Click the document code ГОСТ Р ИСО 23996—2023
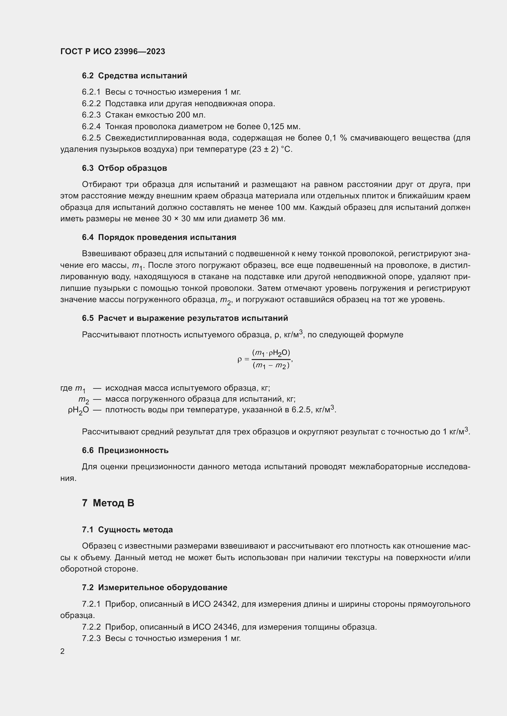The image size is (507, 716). tap(113, 51)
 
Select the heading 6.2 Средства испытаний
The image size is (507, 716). tap(135, 76)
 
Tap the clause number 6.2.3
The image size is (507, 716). tap(91, 115)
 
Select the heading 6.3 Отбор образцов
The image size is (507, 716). tap(124, 168)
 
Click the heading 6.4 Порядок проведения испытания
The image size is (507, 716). tap(159, 237)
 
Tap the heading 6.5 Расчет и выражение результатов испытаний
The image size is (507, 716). tap(185, 318)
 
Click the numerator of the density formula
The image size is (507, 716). tap(271, 353)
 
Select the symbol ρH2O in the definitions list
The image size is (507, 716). tap(78, 410)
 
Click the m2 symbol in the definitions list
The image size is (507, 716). tap(83, 400)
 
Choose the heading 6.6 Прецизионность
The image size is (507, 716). tap(125, 451)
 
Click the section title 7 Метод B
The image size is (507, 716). tap(108, 503)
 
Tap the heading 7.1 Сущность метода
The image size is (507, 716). tap(128, 530)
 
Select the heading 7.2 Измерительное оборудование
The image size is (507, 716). tap(154, 588)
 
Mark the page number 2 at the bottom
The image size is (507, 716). tap(63, 651)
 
